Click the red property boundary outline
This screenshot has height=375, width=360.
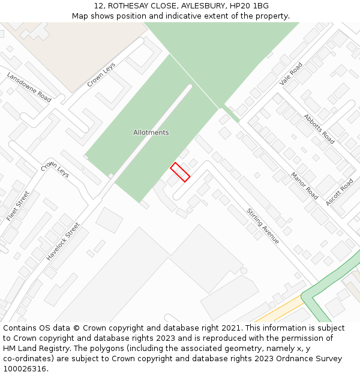tap(180, 172)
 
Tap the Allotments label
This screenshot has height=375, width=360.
tap(151, 133)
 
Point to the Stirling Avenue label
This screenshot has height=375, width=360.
tap(263, 226)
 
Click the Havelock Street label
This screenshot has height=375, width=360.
tap(63, 241)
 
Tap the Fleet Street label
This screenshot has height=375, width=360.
tap(17, 206)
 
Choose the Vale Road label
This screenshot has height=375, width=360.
tap(292, 73)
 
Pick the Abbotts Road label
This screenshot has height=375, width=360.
tap(319, 128)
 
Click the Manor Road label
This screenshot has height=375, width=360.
tap(304, 185)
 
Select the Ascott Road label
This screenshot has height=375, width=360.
tap(339, 192)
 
